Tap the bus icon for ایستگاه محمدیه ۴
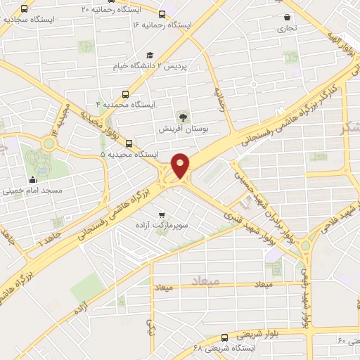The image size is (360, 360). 125,94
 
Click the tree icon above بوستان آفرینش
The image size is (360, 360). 183,117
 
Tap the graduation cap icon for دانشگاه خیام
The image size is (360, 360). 149,56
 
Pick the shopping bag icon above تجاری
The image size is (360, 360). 287,18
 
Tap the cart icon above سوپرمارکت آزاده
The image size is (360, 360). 162,214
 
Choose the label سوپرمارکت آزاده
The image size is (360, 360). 162,226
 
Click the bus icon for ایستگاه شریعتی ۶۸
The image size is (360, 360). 224,337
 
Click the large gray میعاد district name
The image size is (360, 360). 205,281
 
